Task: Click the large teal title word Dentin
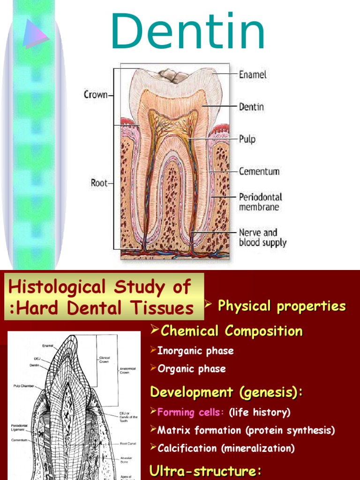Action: click(x=188, y=32)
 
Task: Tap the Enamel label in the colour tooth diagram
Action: click(x=253, y=75)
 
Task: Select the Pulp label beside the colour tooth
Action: click(x=247, y=139)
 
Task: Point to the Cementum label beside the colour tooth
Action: click(x=259, y=171)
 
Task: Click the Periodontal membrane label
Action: click(x=261, y=202)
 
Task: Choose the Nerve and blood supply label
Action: click(x=262, y=237)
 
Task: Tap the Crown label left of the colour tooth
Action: click(x=96, y=95)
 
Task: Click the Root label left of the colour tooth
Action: click(x=99, y=183)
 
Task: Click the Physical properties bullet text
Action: click(x=282, y=306)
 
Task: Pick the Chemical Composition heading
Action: click(x=232, y=331)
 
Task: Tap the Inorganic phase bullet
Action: click(x=195, y=351)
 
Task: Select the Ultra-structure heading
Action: click(x=204, y=471)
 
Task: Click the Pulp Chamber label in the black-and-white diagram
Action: click(x=22, y=387)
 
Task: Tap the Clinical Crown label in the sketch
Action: click(x=104, y=360)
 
